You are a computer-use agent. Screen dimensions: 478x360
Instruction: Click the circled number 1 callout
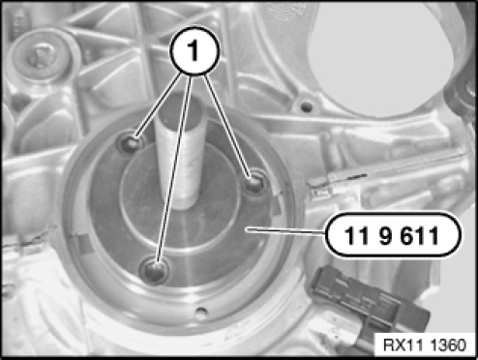click(194, 50)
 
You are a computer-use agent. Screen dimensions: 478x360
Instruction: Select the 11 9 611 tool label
click(393, 235)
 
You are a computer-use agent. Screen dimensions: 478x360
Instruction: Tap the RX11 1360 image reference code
click(425, 345)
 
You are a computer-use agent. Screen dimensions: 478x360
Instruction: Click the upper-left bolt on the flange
click(131, 144)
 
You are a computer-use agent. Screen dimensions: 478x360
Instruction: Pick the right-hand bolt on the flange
click(254, 183)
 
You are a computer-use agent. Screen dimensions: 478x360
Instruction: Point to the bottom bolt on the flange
click(154, 269)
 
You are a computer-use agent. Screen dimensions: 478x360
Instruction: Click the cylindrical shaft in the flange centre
click(181, 152)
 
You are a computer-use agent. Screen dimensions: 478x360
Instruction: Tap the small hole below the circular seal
click(200, 313)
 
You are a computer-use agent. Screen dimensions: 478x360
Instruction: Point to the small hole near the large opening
click(306, 105)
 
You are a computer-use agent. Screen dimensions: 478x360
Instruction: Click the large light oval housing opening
click(384, 58)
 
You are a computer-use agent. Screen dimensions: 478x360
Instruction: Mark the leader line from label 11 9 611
click(285, 231)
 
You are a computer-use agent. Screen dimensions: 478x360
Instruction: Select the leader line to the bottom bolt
click(174, 168)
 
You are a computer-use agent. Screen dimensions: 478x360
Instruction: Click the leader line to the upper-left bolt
click(158, 105)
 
